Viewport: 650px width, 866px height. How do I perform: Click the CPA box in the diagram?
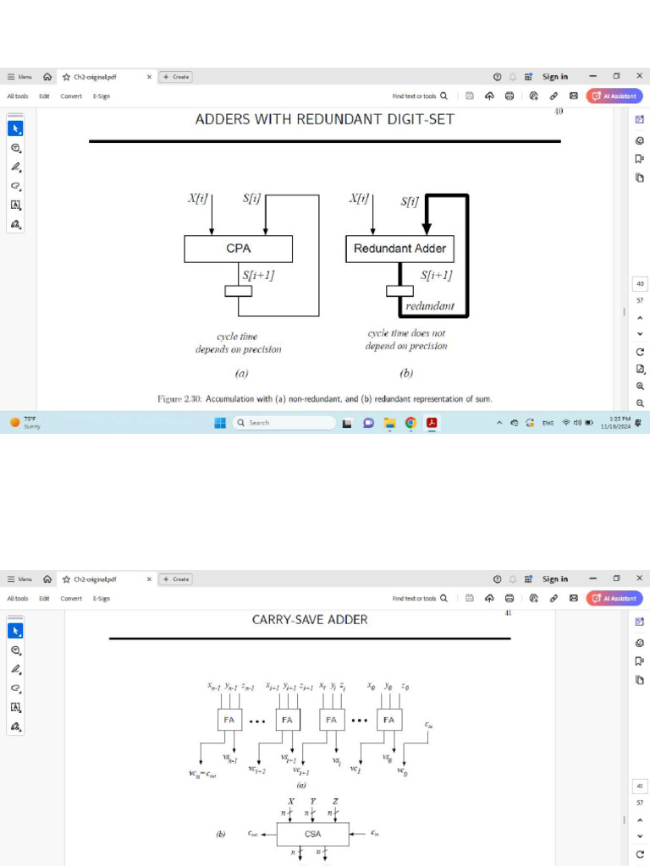click(x=238, y=249)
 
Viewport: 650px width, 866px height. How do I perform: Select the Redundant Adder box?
click(x=399, y=249)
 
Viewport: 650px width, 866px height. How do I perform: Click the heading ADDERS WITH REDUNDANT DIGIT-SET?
click(x=324, y=119)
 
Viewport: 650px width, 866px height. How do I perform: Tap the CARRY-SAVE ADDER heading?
click(x=310, y=620)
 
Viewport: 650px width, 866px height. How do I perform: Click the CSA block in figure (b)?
click(x=312, y=834)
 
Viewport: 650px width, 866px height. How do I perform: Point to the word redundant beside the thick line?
click(x=430, y=305)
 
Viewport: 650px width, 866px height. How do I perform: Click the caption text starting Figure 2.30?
click(x=324, y=398)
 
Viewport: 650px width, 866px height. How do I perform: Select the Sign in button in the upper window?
click(x=555, y=77)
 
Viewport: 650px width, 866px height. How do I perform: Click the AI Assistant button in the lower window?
click(x=614, y=599)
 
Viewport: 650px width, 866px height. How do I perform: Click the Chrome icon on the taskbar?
click(x=410, y=423)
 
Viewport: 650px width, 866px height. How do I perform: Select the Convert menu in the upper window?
click(x=71, y=96)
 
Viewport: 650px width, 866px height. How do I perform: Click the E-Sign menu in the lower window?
click(x=102, y=599)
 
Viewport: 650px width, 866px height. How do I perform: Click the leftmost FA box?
click(x=229, y=721)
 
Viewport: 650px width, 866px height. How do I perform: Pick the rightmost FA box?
click(x=388, y=721)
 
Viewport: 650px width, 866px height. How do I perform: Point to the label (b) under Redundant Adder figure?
click(x=405, y=373)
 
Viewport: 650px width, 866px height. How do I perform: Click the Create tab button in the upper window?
click(x=177, y=77)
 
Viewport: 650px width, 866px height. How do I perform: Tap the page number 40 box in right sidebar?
click(x=640, y=284)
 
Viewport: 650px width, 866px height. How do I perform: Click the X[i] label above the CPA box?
click(x=197, y=200)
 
